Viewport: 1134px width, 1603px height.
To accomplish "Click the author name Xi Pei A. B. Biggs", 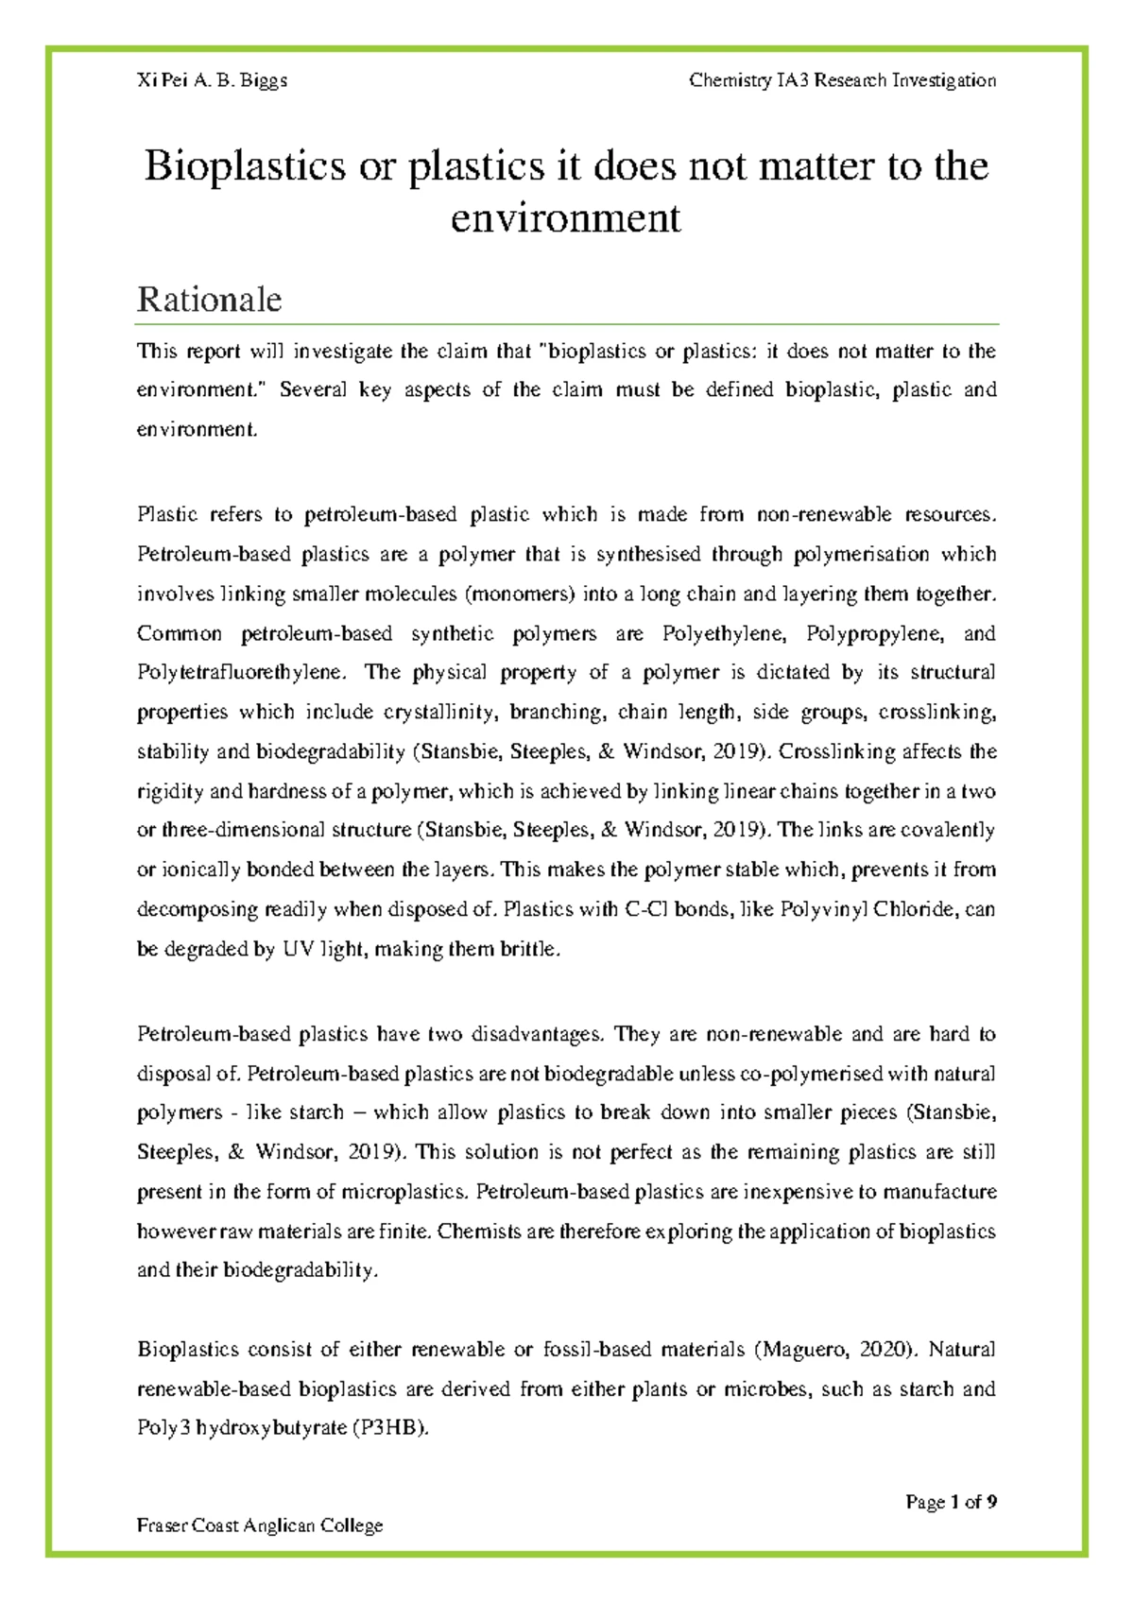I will [213, 80].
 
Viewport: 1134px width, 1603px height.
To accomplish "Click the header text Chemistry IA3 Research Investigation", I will [842, 80].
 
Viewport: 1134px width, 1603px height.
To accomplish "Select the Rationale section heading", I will [209, 300].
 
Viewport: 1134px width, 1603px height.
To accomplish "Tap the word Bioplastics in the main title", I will [245, 166].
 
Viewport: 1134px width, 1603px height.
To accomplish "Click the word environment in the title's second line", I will [565, 218].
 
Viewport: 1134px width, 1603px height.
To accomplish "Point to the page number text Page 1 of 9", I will [951, 1502].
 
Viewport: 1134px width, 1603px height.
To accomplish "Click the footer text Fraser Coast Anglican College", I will [260, 1525].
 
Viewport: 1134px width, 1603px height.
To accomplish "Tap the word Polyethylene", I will [724, 633].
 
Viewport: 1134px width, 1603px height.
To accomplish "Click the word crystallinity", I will [441, 712].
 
